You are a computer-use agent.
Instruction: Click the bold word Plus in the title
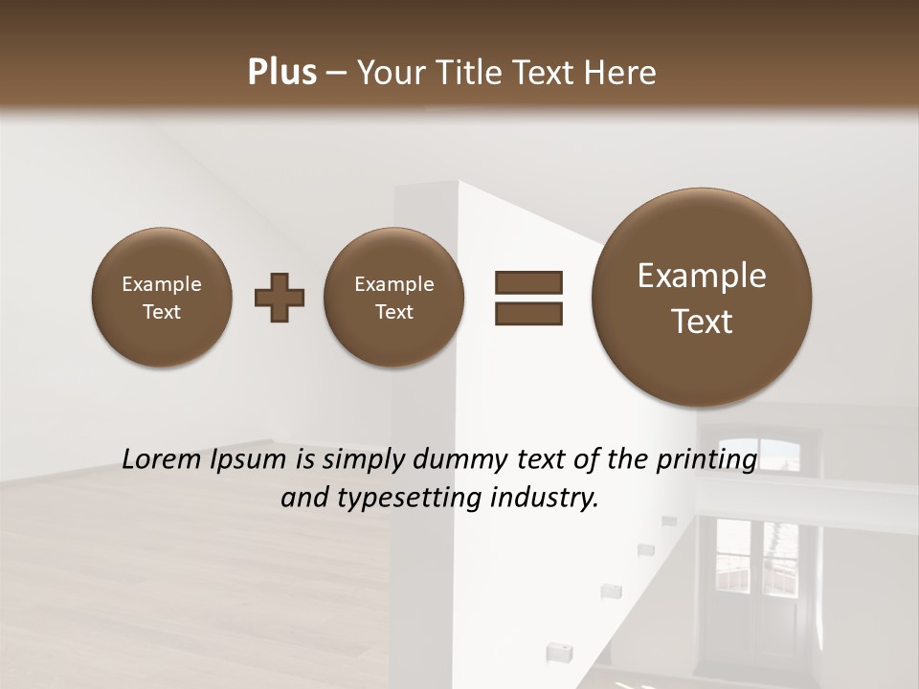coord(281,73)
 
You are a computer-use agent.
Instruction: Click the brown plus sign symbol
coord(280,298)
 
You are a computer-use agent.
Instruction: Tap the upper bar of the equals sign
coord(528,282)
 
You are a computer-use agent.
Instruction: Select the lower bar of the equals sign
coord(528,313)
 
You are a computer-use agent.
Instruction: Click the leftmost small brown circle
coord(162,298)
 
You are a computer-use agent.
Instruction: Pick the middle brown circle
coord(393,298)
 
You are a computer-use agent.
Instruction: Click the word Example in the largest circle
coord(702,276)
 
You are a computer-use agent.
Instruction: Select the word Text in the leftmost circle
coord(162,312)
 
